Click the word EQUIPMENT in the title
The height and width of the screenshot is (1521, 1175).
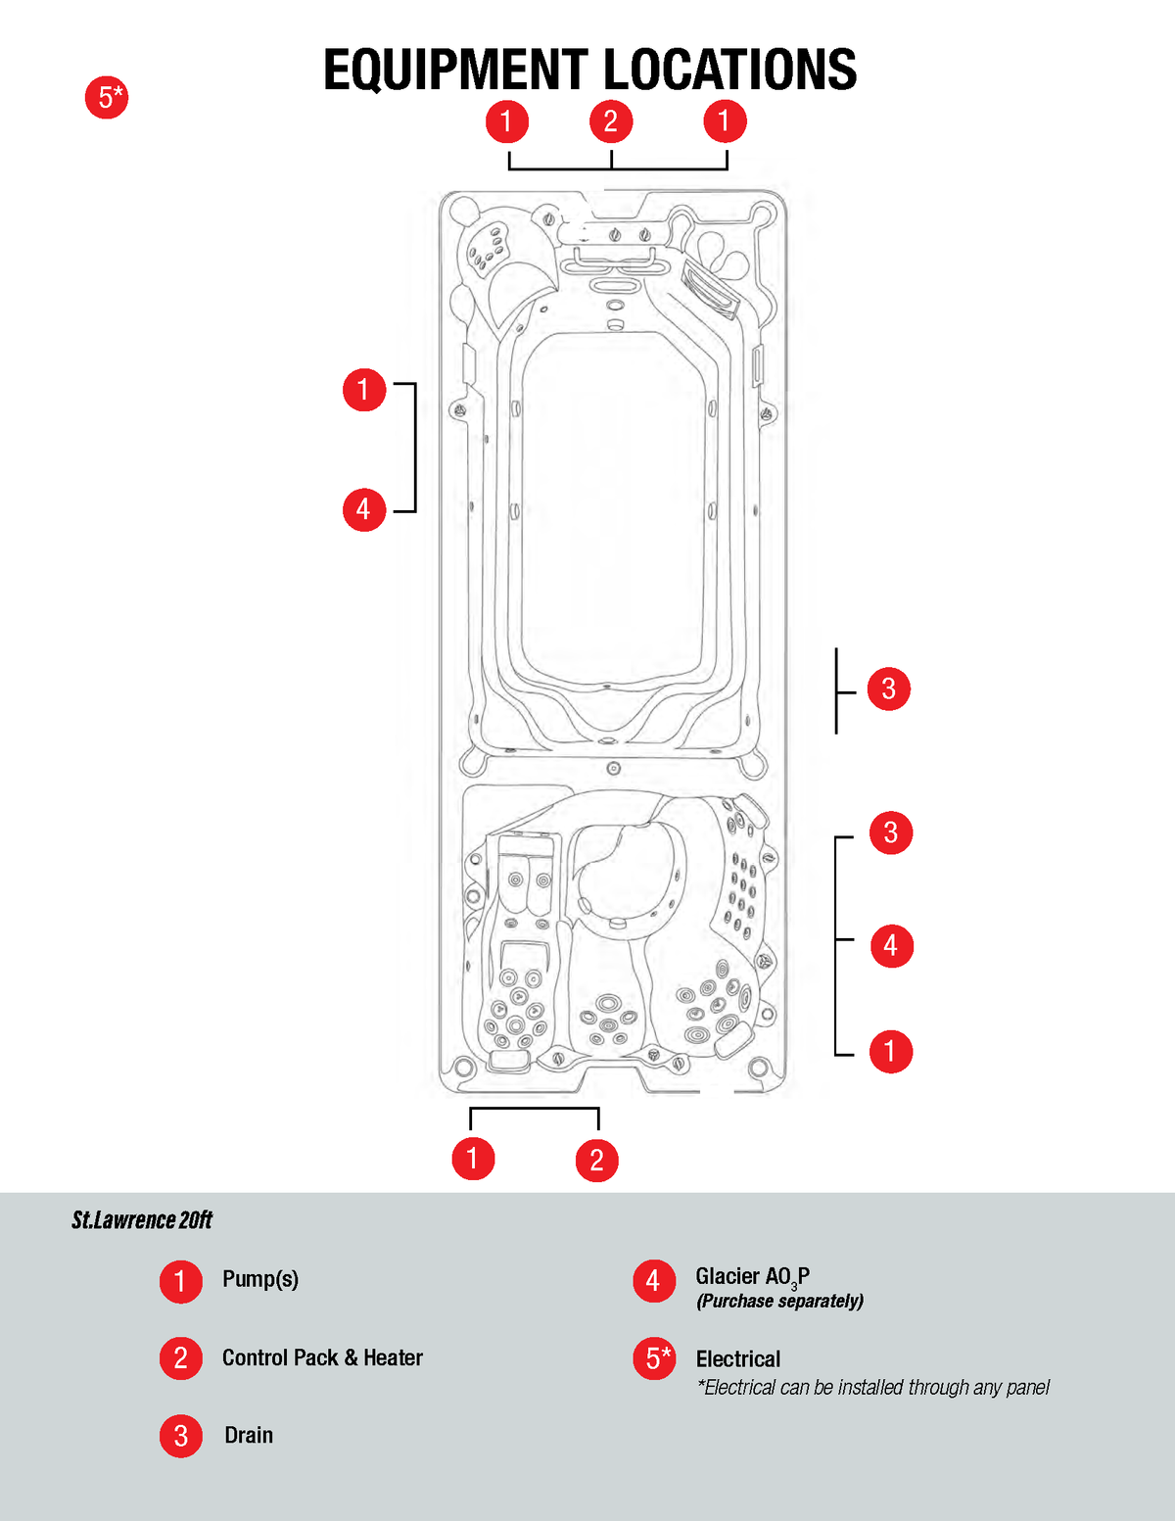455,71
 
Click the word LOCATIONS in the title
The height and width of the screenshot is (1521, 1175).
729,71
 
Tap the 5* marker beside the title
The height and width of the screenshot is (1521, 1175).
107,98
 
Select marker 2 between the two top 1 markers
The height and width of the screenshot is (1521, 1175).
611,121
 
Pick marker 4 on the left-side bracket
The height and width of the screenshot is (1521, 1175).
364,509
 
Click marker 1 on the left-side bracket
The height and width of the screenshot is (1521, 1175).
364,390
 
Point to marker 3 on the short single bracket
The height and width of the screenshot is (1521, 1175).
889,689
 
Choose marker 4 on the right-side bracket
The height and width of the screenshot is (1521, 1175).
891,946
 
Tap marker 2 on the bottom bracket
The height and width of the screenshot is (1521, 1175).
596,1161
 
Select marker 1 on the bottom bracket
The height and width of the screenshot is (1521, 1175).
473,1159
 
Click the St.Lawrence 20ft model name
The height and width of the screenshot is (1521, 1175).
142,1220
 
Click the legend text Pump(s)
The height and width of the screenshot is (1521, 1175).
260,1279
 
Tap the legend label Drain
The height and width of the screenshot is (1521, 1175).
249,1435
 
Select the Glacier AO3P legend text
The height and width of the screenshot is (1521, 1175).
752,1277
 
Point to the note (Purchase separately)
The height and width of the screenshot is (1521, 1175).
779,1302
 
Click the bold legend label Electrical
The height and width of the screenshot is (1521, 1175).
738,1359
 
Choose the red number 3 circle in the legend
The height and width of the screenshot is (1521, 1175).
181,1436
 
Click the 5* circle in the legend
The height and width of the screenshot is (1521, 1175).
655,1359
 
